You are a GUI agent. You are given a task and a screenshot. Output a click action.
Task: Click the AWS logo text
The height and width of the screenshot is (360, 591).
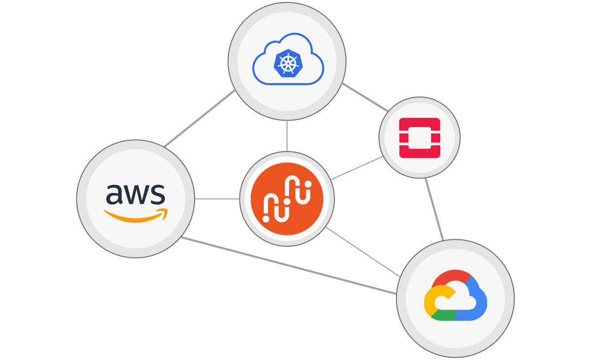click(135, 194)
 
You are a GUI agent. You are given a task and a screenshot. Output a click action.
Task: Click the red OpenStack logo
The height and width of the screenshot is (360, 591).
click(419, 137)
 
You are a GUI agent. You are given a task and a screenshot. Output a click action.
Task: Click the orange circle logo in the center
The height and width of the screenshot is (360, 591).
click(287, 199)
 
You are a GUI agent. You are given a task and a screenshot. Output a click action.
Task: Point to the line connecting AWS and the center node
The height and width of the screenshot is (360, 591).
click(217, 199)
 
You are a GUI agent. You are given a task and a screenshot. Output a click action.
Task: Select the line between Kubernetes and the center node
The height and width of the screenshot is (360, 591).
click(287, 135)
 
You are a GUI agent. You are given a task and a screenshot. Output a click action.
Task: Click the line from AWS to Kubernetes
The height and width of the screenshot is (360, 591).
click(199, 119)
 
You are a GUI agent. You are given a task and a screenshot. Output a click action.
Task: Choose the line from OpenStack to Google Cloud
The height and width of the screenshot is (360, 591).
click(434, 209)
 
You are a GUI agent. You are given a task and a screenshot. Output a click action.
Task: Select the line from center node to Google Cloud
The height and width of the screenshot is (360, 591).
click(362, 252)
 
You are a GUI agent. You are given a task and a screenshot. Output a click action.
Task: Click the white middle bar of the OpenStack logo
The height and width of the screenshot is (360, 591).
click(419, 137)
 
